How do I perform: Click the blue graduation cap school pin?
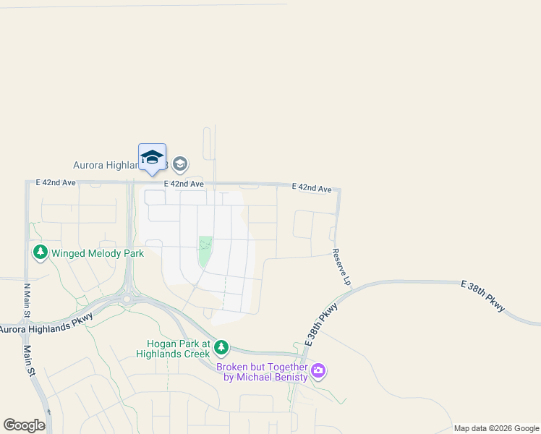(x=152, y=158)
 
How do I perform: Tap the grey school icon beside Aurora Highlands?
(x=180, y=164)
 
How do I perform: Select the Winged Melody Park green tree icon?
(x=40, y=252)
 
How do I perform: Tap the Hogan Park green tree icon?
(x=221, y=348)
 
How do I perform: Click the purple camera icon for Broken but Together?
(x=318, y=372)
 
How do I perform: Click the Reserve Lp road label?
(x=341, y=266)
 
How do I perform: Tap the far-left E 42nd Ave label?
(x=56, y=183)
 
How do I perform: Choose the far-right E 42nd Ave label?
(x=312, y=187)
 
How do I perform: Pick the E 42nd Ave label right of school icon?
(x=184, y=184)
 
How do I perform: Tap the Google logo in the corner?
(x=24, y=425)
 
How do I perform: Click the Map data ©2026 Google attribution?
(x=496, y=428)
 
